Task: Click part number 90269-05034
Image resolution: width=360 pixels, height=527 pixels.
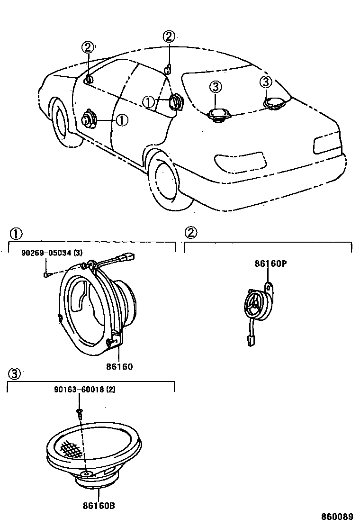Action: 47,253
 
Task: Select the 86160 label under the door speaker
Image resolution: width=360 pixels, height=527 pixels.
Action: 119,366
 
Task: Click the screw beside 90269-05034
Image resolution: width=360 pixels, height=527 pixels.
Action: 46,273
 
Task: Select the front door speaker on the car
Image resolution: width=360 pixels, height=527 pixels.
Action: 88,119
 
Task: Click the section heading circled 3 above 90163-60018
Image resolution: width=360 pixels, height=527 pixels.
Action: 15,373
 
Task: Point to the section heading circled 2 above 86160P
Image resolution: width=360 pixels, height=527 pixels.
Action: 191,232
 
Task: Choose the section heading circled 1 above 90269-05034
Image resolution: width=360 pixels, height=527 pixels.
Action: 16,232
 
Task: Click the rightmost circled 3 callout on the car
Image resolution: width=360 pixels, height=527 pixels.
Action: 266,82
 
